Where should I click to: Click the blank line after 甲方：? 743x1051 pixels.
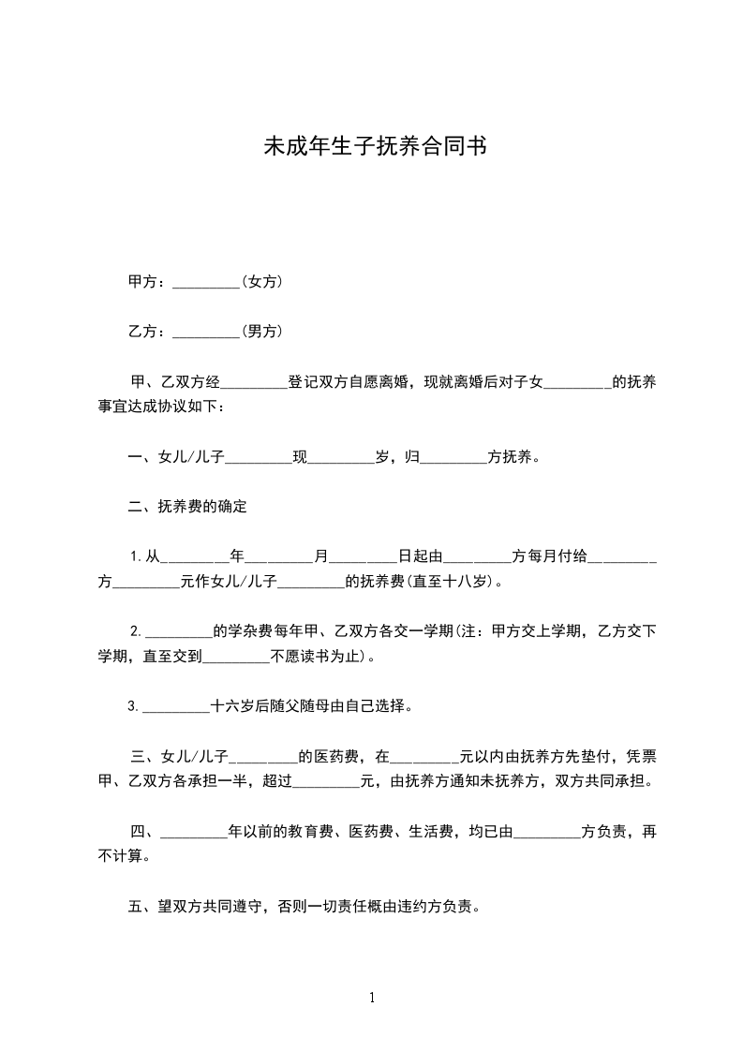(x=207, y=282)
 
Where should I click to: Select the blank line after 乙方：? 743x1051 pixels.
(x=207, y=332)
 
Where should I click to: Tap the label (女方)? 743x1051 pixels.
(x=262, y=281)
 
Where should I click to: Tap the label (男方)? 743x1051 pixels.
(x=262, y=331)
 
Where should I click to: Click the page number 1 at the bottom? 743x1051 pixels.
(x=372, y=998)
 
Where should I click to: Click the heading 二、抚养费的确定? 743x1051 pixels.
(x=187, y=507)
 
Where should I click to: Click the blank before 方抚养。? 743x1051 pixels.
(x=454, y=458)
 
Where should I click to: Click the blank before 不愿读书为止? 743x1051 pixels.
(x=236, y=658)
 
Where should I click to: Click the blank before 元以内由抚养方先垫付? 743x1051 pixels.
(x=424, y=756)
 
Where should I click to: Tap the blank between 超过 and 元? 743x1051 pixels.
(x=327, y=781)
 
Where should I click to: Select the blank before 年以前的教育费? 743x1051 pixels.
(x=195, y=831)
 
